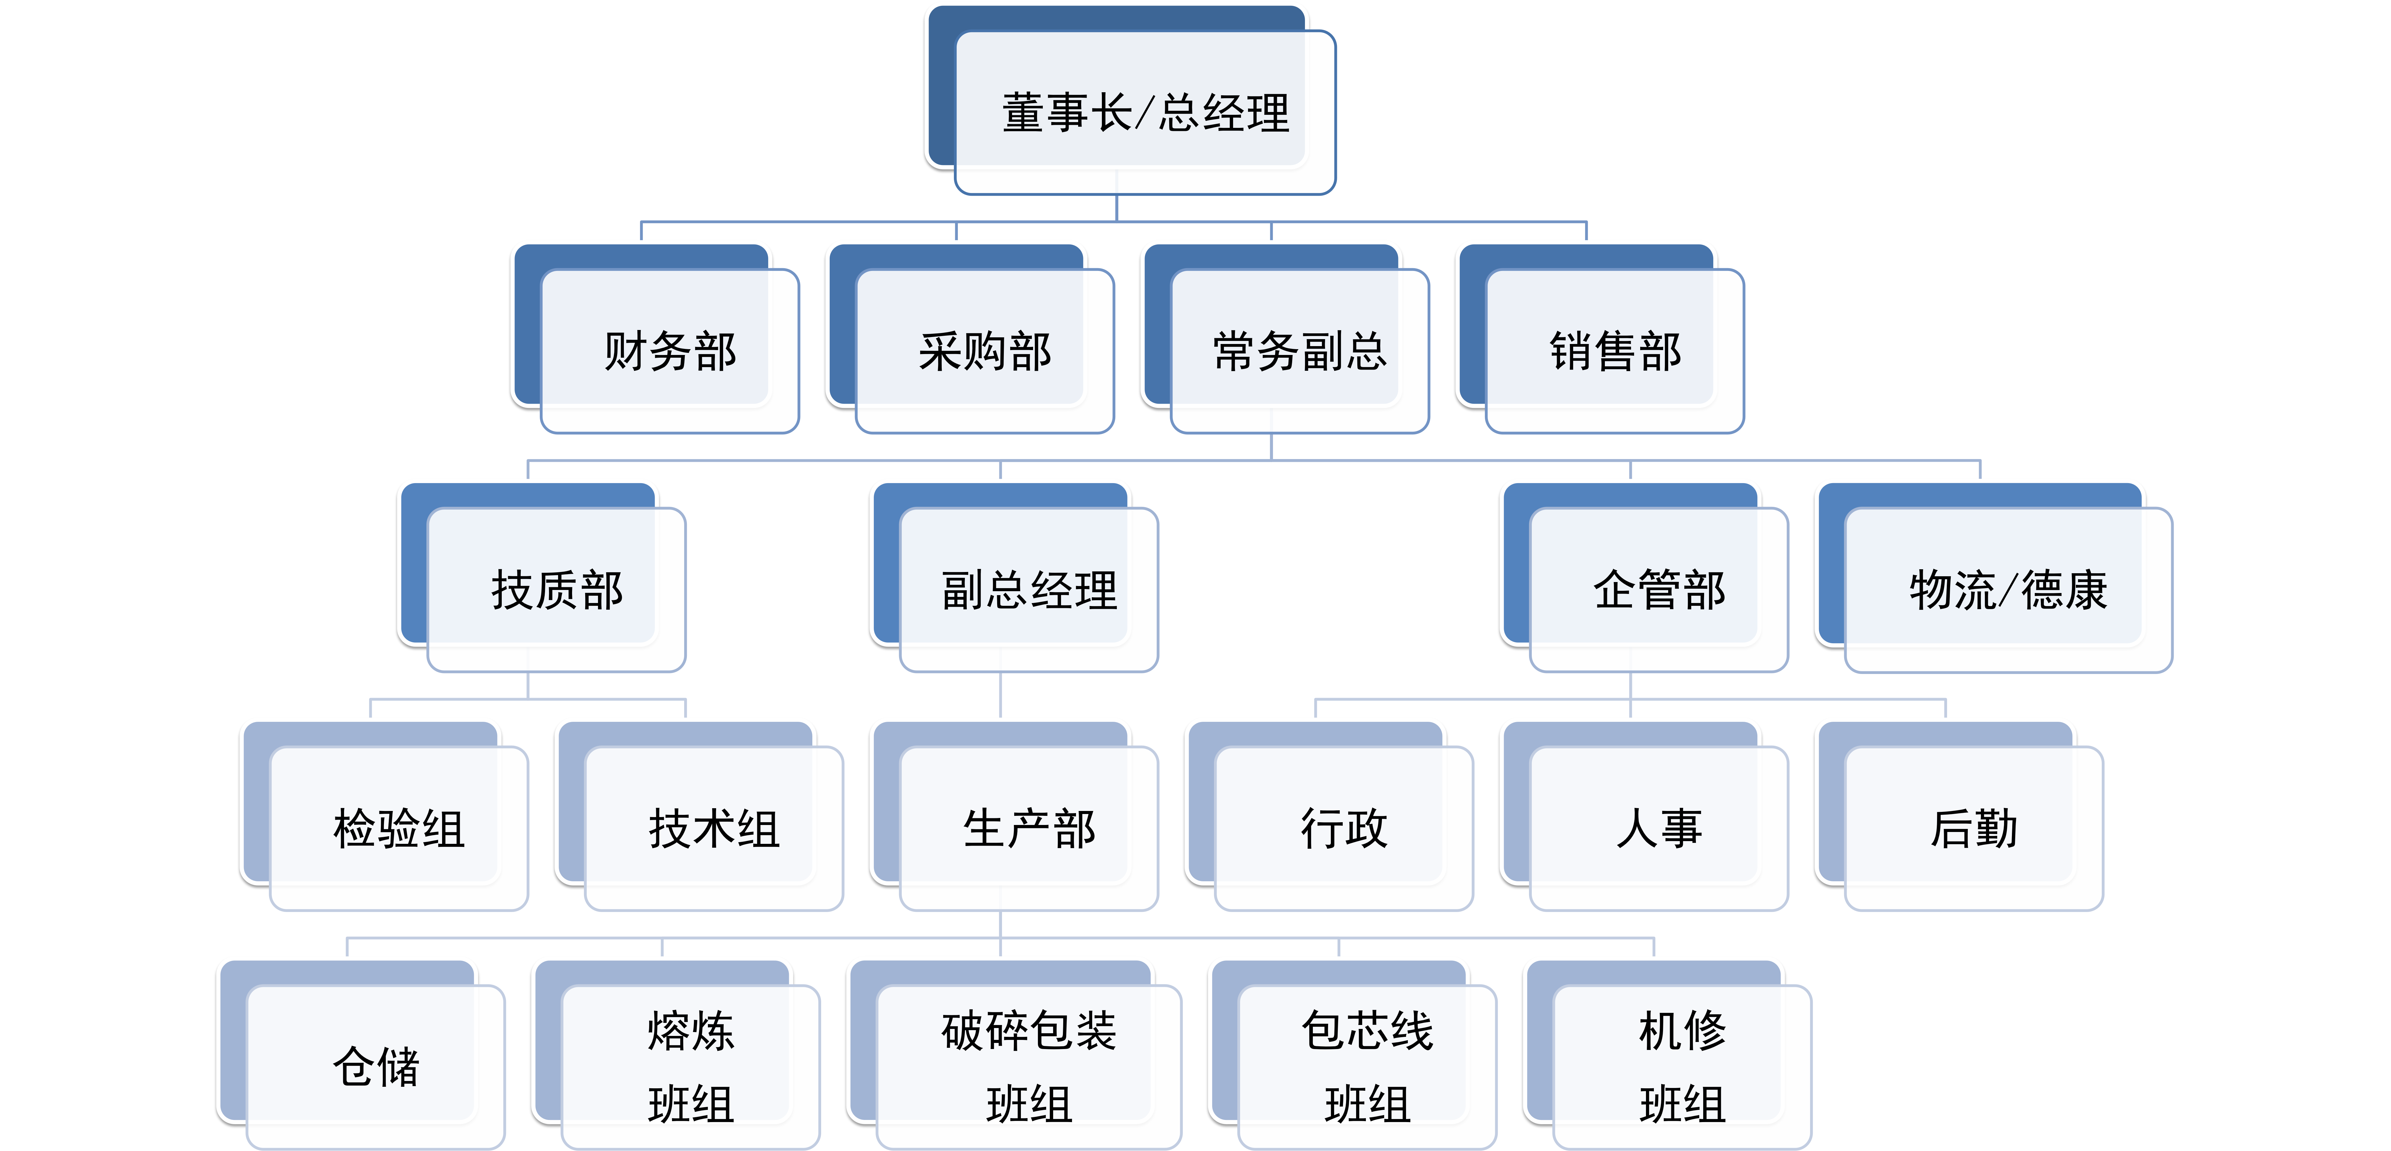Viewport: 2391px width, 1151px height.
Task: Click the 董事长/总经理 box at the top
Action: pyautogui.click(x=1145, y=112)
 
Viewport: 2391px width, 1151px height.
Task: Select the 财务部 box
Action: pyautogui.click(x=669, y=351)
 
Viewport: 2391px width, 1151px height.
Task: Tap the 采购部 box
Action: pyautogui.click(x=984, y=351)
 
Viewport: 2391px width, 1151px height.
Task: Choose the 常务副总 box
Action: pyautogui.click(x=1299, y=351)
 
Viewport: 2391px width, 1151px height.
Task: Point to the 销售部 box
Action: pyautogui.click(x=1615, y=351)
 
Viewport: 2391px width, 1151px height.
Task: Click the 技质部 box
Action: pyautogui.click(x=556, y=589)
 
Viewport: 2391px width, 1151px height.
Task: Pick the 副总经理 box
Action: pyautogui.click(x=1028, y=589)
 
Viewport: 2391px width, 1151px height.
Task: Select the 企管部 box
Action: pyautogui.click(x=1659, y=589)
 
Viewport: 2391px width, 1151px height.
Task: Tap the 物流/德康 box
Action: pyautogui.click(x=2008, y=589)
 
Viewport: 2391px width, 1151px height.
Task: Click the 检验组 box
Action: pyautogui.click(x=398, y=828)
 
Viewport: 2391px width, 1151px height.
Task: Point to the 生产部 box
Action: pyautogui.click(x=1028, y=828)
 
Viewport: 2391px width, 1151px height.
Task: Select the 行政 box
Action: pyautogui.click(x=1343, y=828)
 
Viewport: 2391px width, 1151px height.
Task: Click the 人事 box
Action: pyautogui.click(x=1659, y=828)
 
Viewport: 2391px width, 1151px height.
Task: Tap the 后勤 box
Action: pyautogui.click(x=1973, y=828)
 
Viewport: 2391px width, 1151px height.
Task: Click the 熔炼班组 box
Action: pyautogui.click(x=691, y=1067)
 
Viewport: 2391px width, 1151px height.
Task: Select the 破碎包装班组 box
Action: pyautogui.click(x=1028, y=1067)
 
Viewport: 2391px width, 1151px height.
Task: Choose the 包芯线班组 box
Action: pyautogui.click(x=1367, y=1067)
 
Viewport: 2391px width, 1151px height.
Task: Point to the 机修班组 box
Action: pyautogui.click(x=1682, y=1067)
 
